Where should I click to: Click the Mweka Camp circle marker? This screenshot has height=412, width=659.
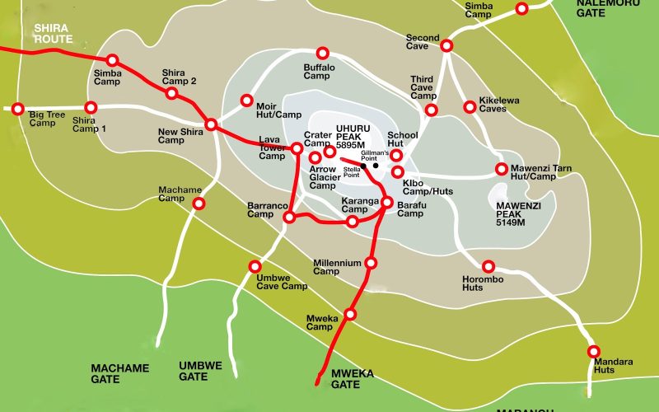click(x=350, y=314)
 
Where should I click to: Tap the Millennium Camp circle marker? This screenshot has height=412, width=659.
click(x=371, y=263)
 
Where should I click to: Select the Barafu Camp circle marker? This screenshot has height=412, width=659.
click(x=386, y=202)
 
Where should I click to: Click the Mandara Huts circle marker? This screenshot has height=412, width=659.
click(x=593, y=351)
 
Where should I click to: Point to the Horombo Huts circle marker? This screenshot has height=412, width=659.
click(x=488, y=266)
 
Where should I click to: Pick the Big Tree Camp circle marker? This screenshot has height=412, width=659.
click(x=18, y=108)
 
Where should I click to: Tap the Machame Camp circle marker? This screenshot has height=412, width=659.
click(x=198, y=203)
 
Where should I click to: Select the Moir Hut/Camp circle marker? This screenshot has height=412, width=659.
click(x=246, y=101)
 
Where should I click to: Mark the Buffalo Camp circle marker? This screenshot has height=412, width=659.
click(x=323, y=52)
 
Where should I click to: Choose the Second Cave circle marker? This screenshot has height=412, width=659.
click(x=446, y=45)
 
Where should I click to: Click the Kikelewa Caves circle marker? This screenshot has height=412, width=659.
click(x=470, y=106)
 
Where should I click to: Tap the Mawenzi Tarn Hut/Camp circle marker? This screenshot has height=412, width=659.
click(x=502, y=169)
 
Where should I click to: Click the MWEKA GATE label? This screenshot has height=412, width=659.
click(x=352, y=378)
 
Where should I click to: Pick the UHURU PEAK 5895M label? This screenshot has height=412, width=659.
click(x=355, y=133)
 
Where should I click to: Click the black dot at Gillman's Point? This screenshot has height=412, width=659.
click(x=376, y=166)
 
